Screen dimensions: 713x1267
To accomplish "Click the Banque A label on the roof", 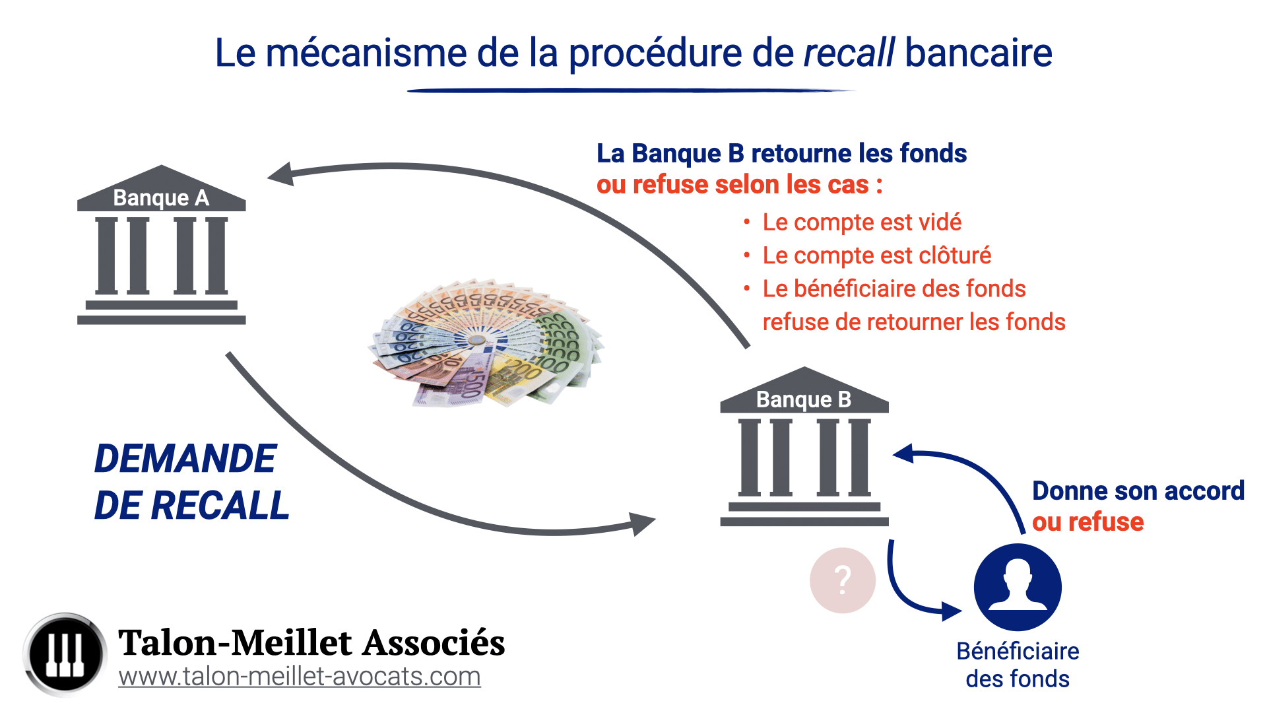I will pyautogui.click(x=161, y=197).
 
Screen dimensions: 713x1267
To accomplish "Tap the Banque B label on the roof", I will pyautogui.click(x=803, y=399).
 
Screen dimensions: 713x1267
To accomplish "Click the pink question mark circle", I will pyautogui.click(x=842, y=580).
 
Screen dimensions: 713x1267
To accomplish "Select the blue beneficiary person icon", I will pyautogui.click(x=1017, y=587).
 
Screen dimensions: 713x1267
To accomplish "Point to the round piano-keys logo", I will pyautogui.click(x=65, y=654).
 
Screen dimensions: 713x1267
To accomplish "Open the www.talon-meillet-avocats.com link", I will pyautogui.click(x=299, y=677).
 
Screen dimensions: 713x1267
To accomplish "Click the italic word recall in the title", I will pyautogui.click(x=849, y=53).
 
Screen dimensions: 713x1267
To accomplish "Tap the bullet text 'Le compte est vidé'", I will pyautogui.click(x=861, y=222).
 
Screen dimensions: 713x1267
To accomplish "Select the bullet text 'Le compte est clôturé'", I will pyautogui.click(x=876, y=255).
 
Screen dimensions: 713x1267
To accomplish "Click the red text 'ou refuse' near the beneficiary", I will pyautogui.click(x=1088, y=522).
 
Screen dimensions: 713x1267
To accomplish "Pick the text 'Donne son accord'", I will pyautogui.click(x=1138, y=491).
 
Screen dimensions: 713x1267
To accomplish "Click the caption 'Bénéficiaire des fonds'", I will pyautogui.click(x=1018, y=665).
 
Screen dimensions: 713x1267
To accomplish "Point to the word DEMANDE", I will pyautogui.click(x=185, y=458).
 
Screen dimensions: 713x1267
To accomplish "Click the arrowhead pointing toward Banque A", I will pyautogui.click(x=281, y=175).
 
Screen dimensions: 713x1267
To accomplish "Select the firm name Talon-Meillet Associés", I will pyautogui.click(x=311, y=642).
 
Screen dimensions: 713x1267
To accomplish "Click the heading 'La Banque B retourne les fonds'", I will pyautogui.click(x=781, y=153).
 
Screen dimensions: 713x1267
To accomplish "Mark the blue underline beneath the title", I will pyautogui.click(x=630, y=90).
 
